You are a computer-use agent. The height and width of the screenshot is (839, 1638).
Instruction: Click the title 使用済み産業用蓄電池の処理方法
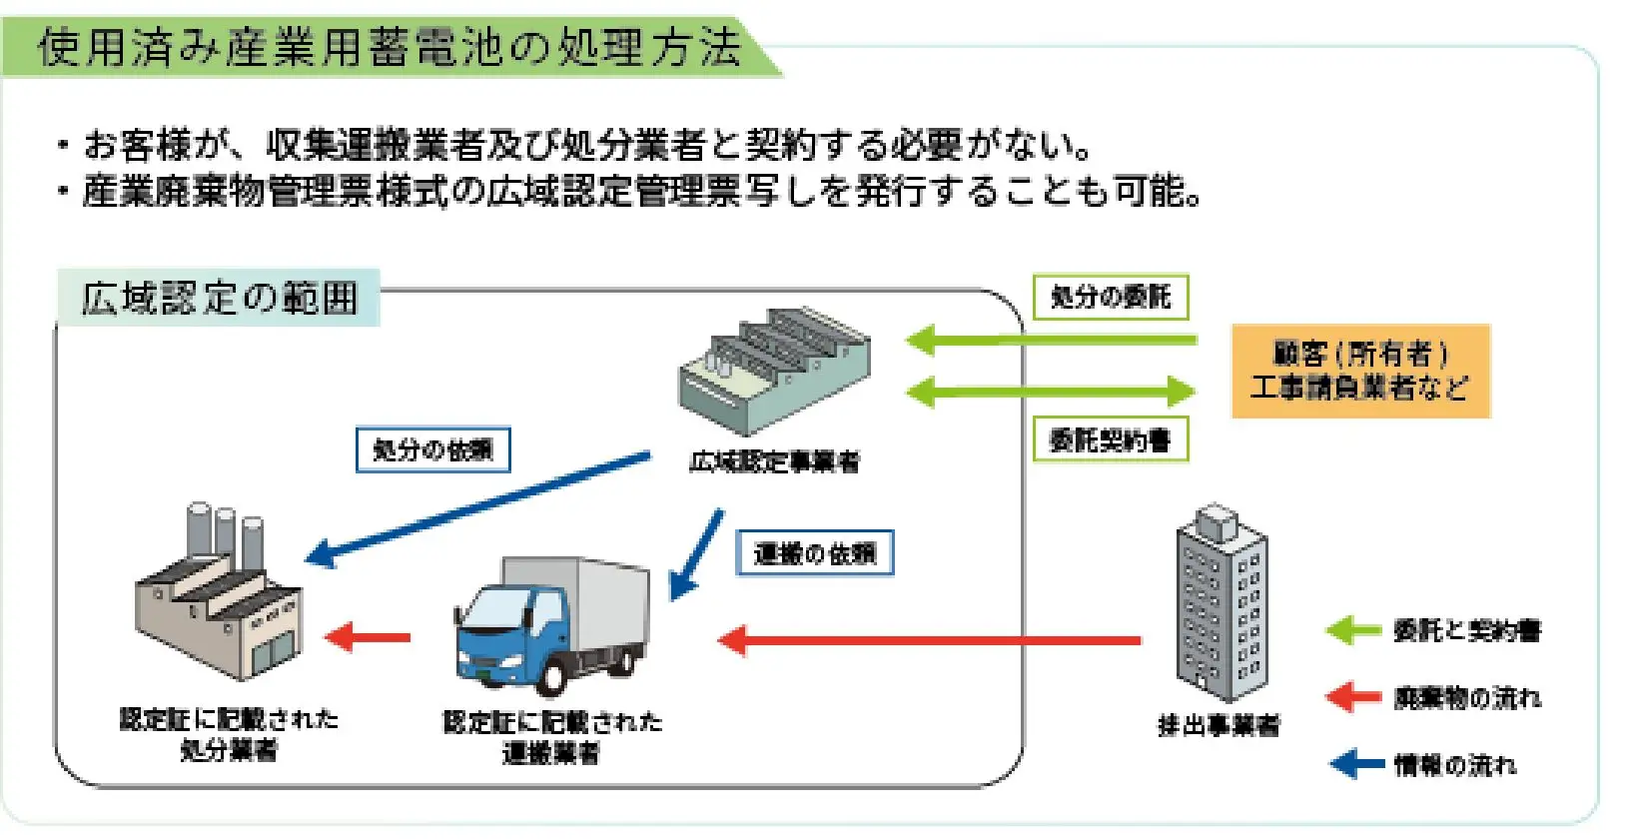[390, 47]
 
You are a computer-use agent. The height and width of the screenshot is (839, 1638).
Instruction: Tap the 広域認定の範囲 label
[219, 298]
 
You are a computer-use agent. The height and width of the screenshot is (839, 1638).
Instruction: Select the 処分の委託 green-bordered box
[1110, 297]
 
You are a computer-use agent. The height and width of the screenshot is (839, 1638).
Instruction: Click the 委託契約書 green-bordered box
[1110, 439]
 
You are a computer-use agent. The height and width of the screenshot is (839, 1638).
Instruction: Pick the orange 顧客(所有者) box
[1359, 370]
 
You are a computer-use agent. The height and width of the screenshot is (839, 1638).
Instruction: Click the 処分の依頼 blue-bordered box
[432, 449]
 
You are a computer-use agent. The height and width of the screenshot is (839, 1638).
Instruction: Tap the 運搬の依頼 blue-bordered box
[814, 552]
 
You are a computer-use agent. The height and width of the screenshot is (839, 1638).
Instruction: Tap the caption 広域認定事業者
[774, 461]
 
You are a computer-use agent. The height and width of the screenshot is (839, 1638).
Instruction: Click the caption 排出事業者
[1218, 725]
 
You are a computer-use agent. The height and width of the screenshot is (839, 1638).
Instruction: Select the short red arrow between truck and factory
[368, 637]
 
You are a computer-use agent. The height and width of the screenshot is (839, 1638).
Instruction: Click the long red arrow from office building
[929, 639]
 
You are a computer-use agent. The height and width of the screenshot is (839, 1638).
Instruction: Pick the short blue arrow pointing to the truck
[696, 554]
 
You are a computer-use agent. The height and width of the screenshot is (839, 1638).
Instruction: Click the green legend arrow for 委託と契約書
[1354, 630]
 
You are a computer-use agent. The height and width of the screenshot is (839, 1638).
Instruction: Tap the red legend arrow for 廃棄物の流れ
[1354, 697]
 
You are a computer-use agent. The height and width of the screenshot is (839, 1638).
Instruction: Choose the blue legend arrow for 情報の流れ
[1356, 765]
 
